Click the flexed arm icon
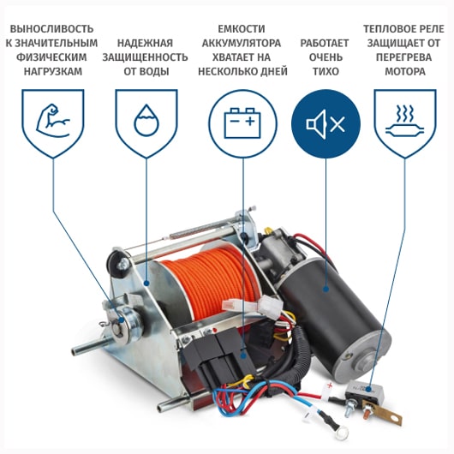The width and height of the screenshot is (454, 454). coord(53,121)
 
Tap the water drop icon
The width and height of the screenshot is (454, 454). coord(146,120)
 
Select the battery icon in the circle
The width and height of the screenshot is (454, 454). coord(242,123)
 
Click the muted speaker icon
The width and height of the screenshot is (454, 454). coord(326,124)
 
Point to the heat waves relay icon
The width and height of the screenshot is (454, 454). coord(405,122)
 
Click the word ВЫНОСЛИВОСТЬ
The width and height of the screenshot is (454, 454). coord(52,29)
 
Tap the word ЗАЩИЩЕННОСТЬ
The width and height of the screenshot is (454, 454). coord(145,57)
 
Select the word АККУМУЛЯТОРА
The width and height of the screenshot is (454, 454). coord(242,43)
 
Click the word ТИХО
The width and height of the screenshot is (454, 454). coord(326,71)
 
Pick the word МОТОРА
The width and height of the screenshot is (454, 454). coord(405,71)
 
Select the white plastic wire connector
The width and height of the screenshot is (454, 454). coord(253,306)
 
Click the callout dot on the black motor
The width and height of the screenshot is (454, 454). coord(326,289)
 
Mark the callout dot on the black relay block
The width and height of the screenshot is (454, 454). coord(243,355)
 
